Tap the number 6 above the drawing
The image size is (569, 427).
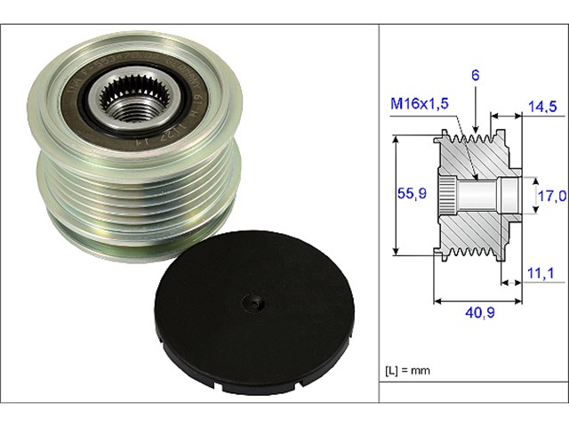476,77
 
